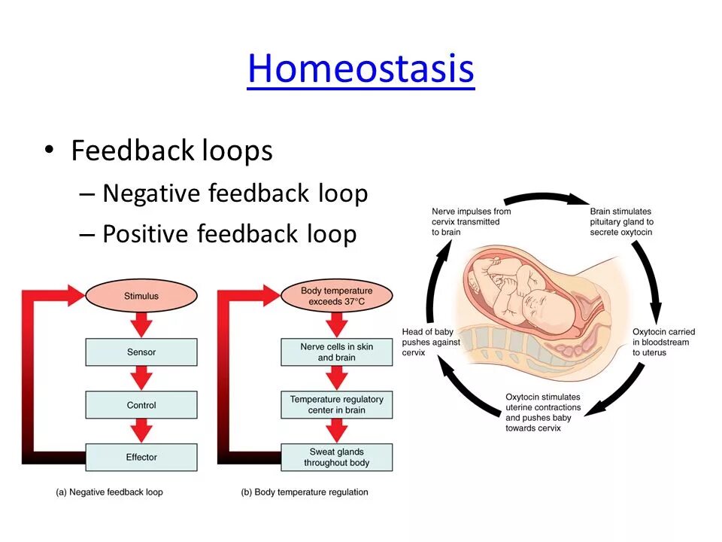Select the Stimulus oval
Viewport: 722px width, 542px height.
[141, 296]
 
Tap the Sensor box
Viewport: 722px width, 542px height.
[141, 352]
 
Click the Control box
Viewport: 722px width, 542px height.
[141, 405]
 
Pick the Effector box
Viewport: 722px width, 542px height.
[141, 457]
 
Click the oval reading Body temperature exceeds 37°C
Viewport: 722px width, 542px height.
[336, 296]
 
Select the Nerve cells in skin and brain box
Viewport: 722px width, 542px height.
[336, 352]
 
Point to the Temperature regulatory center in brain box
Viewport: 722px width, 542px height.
[336, 405]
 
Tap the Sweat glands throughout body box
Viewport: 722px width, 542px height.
[336, 457]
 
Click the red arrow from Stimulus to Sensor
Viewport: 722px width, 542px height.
[141, 324]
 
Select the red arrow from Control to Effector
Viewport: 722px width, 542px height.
[141, 431]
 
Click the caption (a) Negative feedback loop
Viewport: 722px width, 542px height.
[109, 492]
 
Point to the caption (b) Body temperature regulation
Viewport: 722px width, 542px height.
[305, 492]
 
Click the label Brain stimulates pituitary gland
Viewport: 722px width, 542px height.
[621, 222]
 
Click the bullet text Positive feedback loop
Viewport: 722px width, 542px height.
[229, 234]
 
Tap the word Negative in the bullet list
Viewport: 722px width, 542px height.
[152, 193]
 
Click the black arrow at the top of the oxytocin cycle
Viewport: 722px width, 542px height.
[547, 198]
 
